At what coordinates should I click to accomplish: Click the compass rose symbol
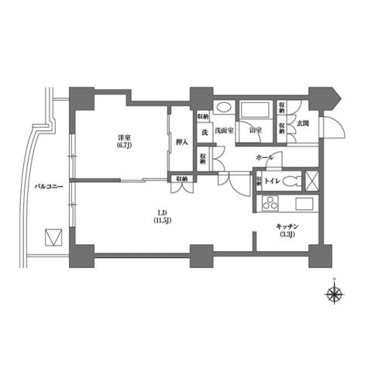click(335, 293)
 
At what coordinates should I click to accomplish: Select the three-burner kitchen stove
click(271, 205)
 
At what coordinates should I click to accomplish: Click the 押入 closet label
click(180, 143)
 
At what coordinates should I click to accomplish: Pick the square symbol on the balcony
click(53, 236)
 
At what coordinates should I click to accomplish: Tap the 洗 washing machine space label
click(204, 131)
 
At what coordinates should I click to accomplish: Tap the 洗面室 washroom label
click(225, 131)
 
